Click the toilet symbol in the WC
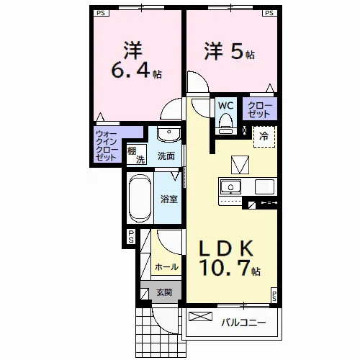tap(226, 124)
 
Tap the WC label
tap(226, 105)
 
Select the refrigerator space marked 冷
tap(264, 137)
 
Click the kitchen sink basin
tap(230, 186)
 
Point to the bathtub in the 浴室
tap(140, 198)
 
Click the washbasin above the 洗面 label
tap(168, 134)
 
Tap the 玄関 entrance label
tap(164, 292)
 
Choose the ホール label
tap(166, 266)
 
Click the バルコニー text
tap(243, 323)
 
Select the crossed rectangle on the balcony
tap(201, 316)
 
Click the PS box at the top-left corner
tap(102, 13)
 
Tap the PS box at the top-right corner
tap(269, 13)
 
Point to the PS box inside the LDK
tap(274, 295)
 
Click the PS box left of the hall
tap(131, 237)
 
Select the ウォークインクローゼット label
tap(107, 145)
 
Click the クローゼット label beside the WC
tap(260, 109)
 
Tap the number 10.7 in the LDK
tap(225, 268)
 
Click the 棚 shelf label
tap(132, 151)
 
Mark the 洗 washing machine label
tap(140, 159)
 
